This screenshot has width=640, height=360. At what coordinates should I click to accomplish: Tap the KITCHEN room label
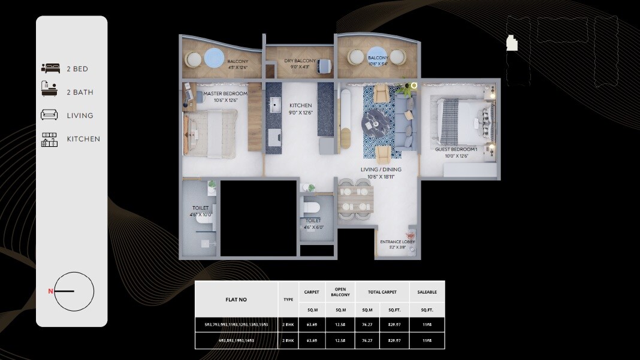(x=300, y=105)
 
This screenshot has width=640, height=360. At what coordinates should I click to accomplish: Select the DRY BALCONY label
(x=300, y=61)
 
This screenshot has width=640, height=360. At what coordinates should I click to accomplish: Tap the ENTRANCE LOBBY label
(x=397, y=242)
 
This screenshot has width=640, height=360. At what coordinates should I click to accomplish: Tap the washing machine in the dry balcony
(x=324, y=65)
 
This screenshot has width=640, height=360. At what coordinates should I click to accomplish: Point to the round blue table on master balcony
(x=215, y=59)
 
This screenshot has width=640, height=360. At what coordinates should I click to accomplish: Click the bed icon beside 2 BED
(x=50, y=69)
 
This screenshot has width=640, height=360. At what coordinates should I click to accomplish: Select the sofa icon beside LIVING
(x=50, y=115)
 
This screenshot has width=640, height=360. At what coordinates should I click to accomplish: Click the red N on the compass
(x=51, y=292)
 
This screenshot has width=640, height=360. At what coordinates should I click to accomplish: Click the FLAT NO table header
(x=236, y=300)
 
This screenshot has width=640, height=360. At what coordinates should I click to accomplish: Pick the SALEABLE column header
(x=427, y=292)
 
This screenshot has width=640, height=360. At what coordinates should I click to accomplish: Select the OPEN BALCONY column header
(x=340, y=292)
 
